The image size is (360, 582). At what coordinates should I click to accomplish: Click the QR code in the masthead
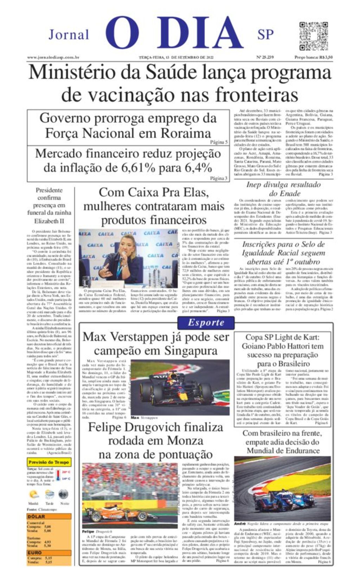coord(313,36)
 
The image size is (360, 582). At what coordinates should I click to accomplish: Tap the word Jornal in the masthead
coord(69,35)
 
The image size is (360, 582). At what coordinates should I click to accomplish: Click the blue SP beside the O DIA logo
coord(265,35)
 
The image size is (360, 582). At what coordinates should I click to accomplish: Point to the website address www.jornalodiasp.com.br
coord(53,57)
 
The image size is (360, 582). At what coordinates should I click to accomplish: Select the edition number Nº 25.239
coord(265,57)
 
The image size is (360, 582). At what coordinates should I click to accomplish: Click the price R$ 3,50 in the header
coord(324,57)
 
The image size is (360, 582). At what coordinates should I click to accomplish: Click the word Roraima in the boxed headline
coord(186,134)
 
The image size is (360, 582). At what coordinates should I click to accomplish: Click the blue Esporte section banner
coord(206,323)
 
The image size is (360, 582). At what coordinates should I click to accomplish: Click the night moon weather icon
coord(64,493)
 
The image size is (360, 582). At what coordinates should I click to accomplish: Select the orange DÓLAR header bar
coord(49,516)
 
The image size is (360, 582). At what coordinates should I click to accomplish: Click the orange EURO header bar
coord(49,552)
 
